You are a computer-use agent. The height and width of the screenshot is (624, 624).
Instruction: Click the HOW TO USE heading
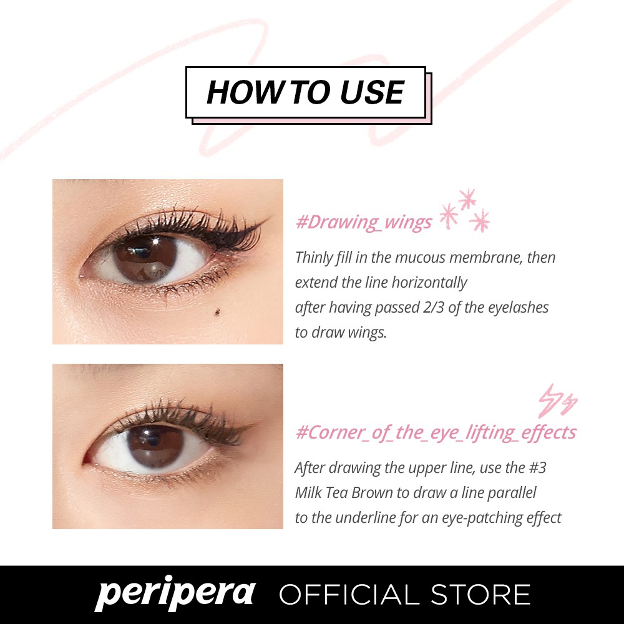(305, 92)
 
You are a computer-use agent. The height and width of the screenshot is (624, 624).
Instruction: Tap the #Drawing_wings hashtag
(363, 223)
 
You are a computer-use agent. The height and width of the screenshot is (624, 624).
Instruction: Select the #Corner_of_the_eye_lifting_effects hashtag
(436, 432)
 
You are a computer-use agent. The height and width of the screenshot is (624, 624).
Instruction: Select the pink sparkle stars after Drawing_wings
(465, 212)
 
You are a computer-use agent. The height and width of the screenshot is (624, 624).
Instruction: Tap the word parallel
(512, 493)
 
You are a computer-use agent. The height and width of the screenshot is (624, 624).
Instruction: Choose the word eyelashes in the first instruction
(517, 307)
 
